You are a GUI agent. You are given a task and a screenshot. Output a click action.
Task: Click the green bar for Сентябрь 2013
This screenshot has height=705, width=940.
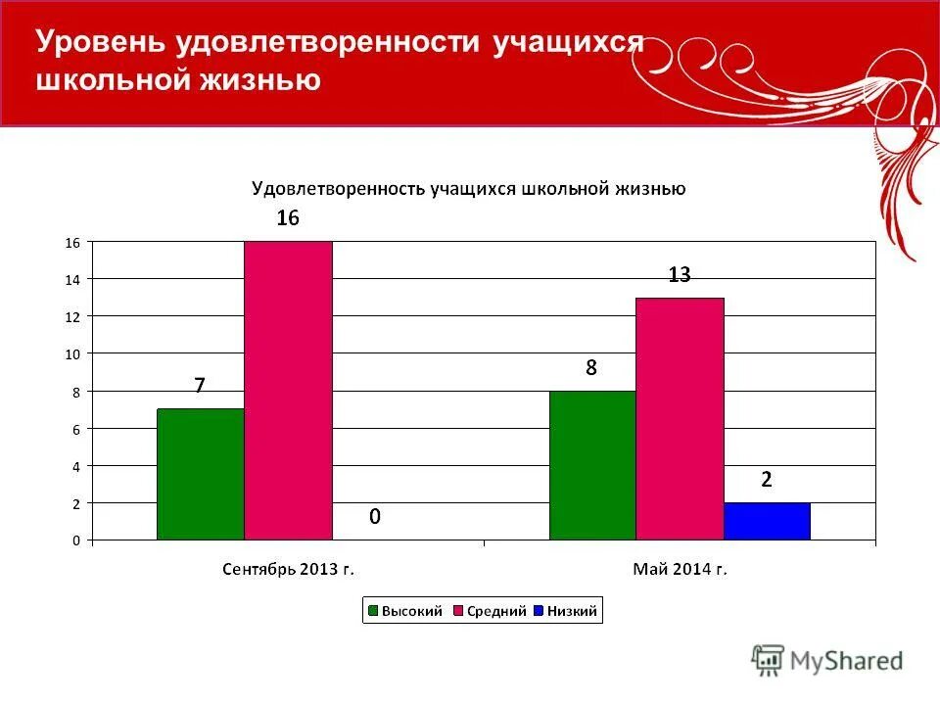201,474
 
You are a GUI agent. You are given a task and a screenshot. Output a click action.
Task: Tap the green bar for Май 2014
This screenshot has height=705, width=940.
592,465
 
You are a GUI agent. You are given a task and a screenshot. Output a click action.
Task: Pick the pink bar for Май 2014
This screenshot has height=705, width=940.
680,418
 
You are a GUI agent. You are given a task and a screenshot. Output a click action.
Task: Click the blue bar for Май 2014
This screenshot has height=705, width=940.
767,521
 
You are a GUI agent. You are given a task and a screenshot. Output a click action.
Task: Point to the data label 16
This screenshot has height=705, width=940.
287,218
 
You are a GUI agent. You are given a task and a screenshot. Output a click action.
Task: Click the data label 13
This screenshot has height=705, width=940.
680,275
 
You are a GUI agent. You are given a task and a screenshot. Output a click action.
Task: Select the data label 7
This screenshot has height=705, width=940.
200,386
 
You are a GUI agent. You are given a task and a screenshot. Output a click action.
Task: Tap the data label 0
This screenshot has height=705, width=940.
374,516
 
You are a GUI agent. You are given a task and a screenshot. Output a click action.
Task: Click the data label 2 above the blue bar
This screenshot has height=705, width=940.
767,480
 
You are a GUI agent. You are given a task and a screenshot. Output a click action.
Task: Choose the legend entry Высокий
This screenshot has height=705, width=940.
401,612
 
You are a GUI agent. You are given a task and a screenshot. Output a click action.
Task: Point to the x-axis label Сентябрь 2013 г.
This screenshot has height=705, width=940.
288,568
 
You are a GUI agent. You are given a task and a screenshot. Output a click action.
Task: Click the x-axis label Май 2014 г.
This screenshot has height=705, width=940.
680,568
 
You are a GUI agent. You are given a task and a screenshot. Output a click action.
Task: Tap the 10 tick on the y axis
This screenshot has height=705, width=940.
71,353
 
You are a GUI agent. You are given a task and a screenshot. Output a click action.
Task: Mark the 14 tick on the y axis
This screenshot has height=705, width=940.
71,279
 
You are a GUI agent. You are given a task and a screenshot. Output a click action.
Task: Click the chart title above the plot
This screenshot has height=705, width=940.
468,188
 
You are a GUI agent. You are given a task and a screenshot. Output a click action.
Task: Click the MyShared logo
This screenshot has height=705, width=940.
826,660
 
